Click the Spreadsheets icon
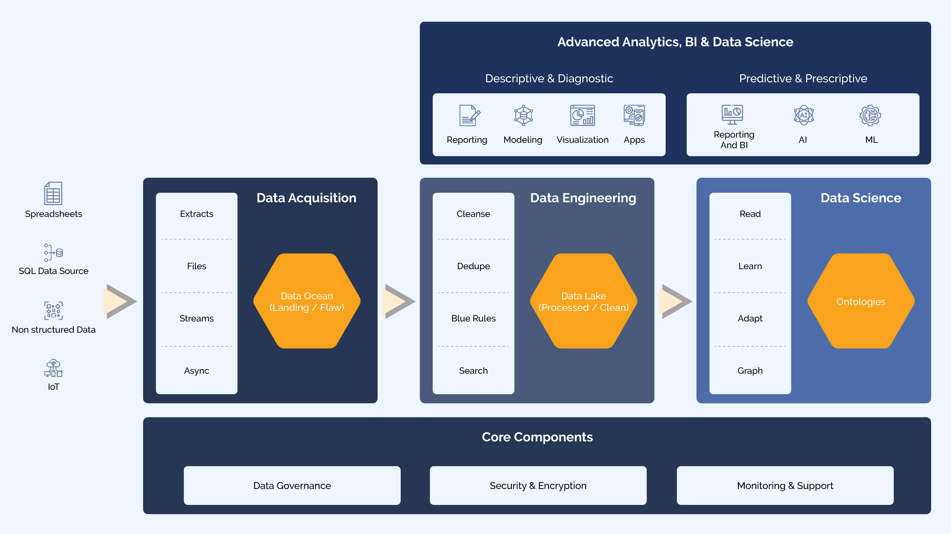(53, 193)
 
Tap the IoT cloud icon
(53, 368)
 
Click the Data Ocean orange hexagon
(307, 301)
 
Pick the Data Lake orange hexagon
(583, 301)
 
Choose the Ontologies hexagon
(861, 301)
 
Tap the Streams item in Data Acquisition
(196, 318)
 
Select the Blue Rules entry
(473, 318)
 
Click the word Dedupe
(473, 266)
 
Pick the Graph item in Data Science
(750, 370)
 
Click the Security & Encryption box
(538, 485)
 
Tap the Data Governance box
(292, 485)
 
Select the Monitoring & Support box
(785, 485)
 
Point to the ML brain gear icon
(870, 115)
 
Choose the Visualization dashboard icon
(582, 115)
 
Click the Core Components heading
(537, 437)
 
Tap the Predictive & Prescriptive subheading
(803, 78)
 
